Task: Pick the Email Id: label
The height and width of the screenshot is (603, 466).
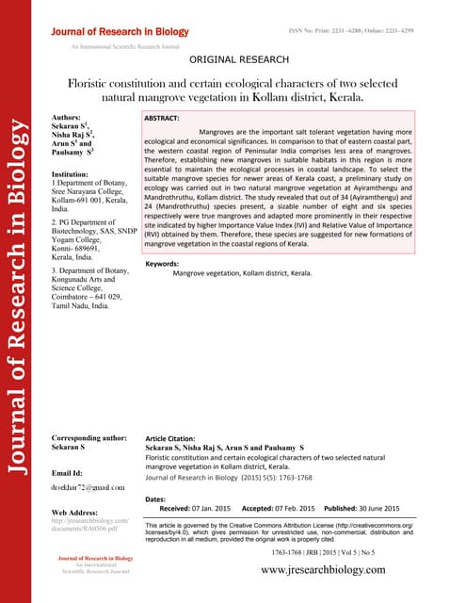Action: (71, 471)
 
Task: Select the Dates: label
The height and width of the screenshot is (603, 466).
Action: (161, 497)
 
